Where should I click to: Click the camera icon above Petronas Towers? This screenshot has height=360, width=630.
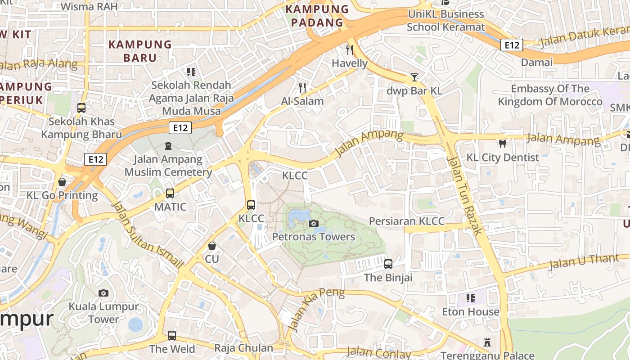(314, 223)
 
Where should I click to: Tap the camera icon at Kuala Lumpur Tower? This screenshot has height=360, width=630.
(103, 293)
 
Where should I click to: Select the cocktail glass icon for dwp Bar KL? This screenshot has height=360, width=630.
(414, 77)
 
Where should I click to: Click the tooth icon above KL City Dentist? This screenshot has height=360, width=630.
(503, 144)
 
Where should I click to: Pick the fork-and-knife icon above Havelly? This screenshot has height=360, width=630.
(350, 49)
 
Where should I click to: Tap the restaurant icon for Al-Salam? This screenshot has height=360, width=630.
(302, 87)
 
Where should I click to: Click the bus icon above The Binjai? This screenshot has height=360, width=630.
(388, 264)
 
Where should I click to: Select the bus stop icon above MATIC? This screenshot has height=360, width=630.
(170, 193)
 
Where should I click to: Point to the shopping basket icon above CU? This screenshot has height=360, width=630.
(211, 246)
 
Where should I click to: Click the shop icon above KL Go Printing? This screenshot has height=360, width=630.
(62, 182)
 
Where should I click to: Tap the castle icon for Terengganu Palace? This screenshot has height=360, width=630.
(487, 342)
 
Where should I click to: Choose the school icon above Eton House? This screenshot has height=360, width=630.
(471, 298)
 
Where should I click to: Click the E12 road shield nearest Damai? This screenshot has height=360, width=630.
(512, 45)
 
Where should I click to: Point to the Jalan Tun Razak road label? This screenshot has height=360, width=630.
(465, 195)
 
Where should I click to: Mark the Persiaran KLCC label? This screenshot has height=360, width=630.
(406, 221)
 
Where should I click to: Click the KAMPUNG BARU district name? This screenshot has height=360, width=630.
(140, 51)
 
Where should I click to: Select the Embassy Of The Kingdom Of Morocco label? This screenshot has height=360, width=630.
(550, 95)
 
